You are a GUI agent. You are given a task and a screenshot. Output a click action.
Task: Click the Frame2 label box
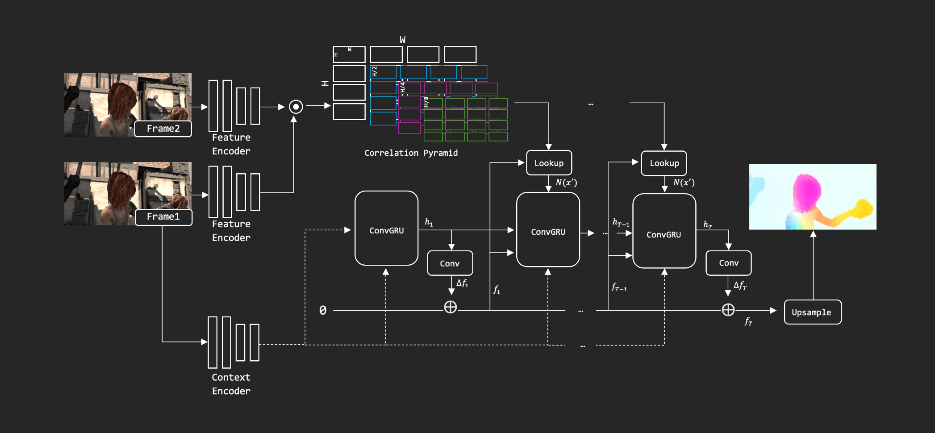(x=163, y=129)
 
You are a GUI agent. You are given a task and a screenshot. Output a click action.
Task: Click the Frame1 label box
(x=163, y=217)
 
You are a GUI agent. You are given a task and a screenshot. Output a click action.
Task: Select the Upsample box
(x=812, y=312)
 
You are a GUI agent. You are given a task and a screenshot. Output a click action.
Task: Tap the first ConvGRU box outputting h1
(x=386, y=229)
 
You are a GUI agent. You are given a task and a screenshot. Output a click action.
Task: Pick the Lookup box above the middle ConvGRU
(x=549, y=163)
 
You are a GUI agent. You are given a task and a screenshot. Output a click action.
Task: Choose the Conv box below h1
(x=450, y=263)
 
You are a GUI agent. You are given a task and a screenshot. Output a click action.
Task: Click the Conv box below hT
(x=728, y=263)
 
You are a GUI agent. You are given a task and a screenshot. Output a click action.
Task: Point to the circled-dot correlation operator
(x=296, y=107)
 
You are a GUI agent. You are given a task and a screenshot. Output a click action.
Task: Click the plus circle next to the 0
(x=450, y=307)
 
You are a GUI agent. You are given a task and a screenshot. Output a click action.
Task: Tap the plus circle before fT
(x=728, y=310)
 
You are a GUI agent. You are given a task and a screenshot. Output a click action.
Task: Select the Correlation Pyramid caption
(x=411, y=153)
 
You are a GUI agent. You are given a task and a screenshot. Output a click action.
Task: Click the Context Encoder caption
(x=231, y=384)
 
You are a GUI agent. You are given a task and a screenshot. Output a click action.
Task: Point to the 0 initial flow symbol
(x=323, y=310)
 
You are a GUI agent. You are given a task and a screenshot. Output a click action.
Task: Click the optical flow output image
(x=812, y=196)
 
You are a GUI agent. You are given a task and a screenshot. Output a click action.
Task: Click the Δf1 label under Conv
(x=462, y=283)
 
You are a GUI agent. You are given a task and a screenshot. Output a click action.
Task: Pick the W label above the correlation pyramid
(x=403, y=40)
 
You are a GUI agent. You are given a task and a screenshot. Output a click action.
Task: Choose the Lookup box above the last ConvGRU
(x=664, y=163)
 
